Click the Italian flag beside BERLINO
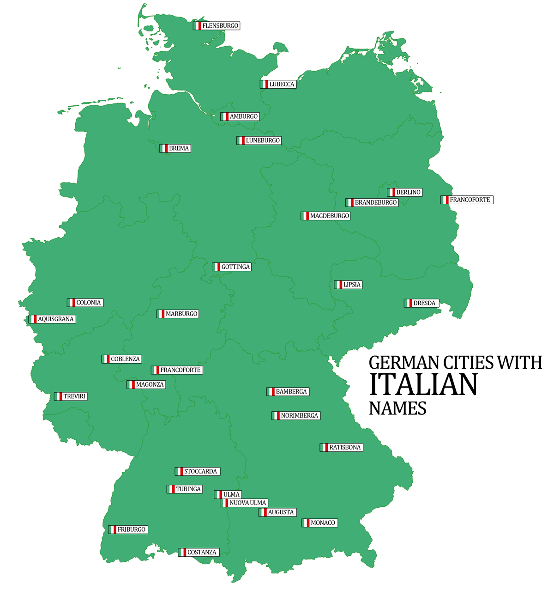coord(391,192)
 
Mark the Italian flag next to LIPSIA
coord(338,285)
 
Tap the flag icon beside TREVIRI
coord(58,396)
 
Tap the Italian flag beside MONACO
coord(306,523)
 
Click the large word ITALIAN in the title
coord(423,384)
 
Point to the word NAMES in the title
coord(397,408)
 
